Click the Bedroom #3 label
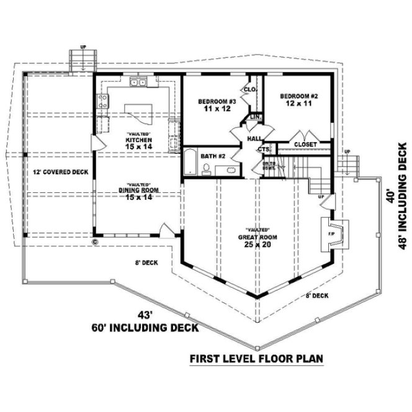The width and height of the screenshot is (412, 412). (213, 105)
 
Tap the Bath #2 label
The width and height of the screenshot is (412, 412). (213, 156)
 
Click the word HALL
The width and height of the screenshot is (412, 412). (254, 139)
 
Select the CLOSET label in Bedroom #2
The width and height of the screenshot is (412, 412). (305, 145)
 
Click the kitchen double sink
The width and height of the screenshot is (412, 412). (137, 81)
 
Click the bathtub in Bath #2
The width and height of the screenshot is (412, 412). (189, 163)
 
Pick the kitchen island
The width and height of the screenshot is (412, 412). (137, 112)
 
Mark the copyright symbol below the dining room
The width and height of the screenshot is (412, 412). (95, 241)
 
